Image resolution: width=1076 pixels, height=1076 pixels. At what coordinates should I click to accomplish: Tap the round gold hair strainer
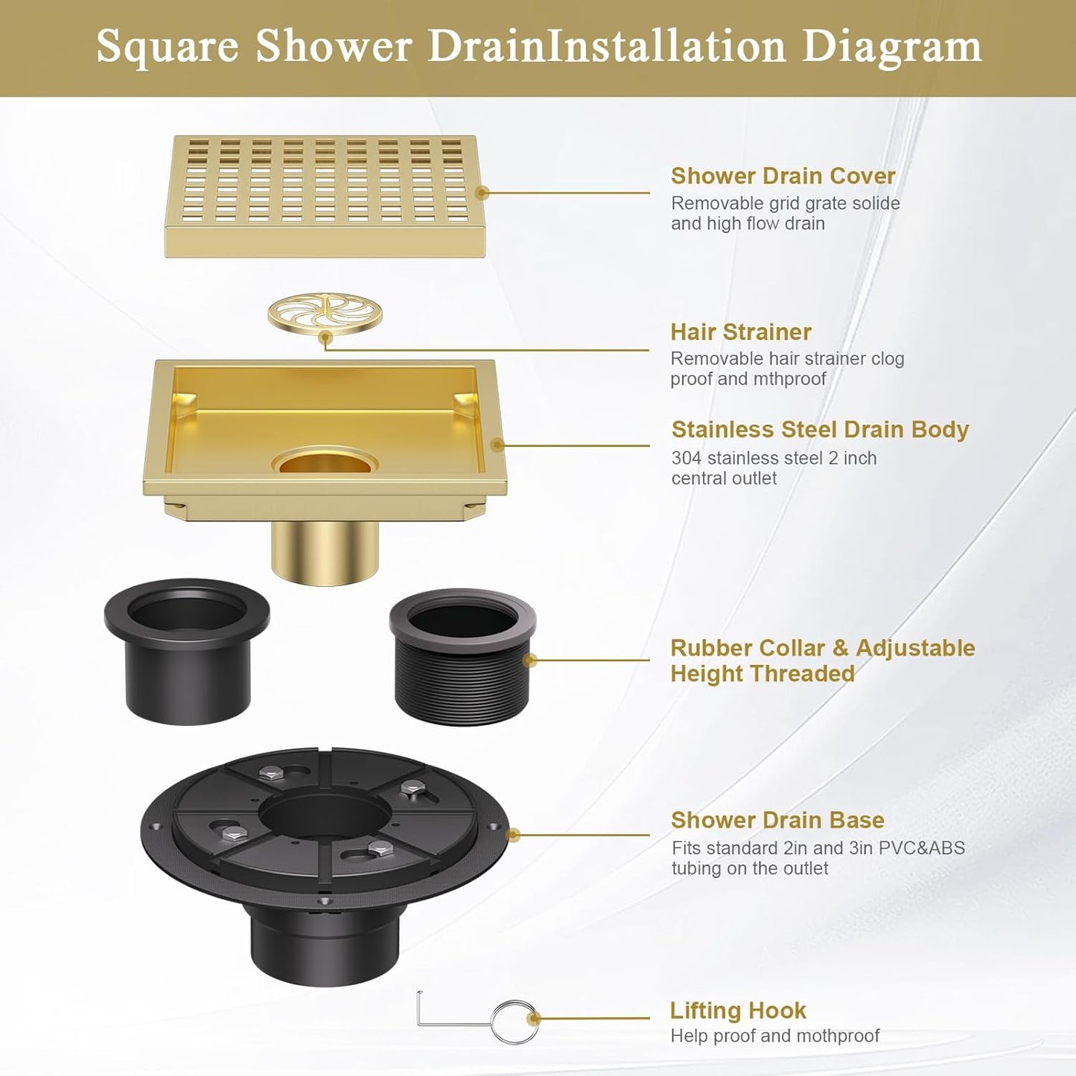pyautogui.click(x=325, y=313)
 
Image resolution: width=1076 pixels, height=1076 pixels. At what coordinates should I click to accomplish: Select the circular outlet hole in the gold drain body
pyautogui.click(x=325, y=462)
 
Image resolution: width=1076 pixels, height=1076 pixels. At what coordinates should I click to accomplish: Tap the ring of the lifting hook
pyautogui.click(x=515, y=1021)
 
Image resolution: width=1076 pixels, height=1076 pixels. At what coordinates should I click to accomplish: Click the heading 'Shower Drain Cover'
pyautogui.click(x=783, y=176)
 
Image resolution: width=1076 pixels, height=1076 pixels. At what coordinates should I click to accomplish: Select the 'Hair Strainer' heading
pyautogui.click(x=740, y=332)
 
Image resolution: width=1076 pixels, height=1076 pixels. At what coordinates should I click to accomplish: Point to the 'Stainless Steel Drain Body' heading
pyautogui.click(x=820, y=430)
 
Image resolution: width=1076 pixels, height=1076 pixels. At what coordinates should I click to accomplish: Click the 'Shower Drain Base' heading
pyautogui.click(x=777, y=820)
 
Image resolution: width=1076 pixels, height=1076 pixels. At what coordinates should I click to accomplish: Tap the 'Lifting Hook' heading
pyautogui.click(x=738, y=1010)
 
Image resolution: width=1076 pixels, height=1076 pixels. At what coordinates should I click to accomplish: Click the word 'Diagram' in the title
pyautogui.click(x=891, y=46)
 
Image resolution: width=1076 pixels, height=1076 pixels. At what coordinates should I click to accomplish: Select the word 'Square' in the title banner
pyautogui.click(x=168, y=46)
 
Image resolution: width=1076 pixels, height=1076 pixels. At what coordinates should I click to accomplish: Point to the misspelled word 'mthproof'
pyautogui.click(x=789, y=379)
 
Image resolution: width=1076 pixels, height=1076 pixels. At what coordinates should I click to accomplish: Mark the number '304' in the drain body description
pyautogui.click(x=686, y=458)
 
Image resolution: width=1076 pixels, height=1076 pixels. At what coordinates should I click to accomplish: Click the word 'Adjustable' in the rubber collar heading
pyautogui.click(x=915, y=648)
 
